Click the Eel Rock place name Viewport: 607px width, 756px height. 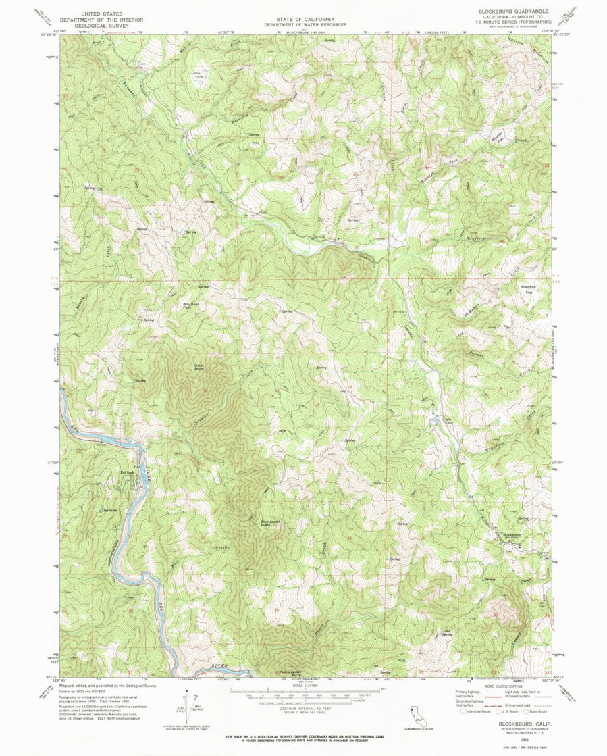127,472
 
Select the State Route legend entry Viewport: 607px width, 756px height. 539,711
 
